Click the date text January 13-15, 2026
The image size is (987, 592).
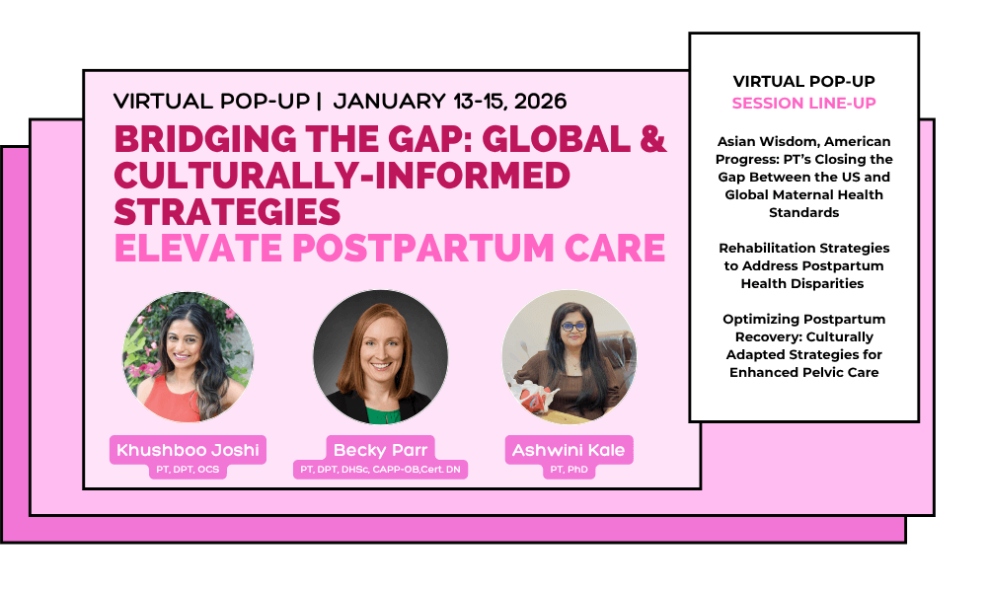coord(450,102)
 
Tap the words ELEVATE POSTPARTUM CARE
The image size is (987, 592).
coord(390,248)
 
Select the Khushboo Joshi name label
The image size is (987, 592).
coord(188,450)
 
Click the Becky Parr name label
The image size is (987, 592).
coord(380,450)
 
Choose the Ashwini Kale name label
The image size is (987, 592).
coord(569,450)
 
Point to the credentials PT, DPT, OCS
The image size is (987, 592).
coord(188,470)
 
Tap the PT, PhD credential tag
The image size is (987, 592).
coord(569,470)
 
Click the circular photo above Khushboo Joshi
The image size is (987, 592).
coord(189,357)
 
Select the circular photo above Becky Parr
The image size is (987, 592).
coord(381,357)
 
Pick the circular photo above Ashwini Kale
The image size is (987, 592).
coord(569,357)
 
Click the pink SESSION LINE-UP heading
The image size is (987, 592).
coord(803,104)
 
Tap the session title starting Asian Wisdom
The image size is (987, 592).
coord(803,177)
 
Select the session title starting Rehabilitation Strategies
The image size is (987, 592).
coord(803,265)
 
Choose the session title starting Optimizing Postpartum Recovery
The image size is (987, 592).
coord(803,345)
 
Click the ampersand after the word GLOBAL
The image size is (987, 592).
coord(652,139)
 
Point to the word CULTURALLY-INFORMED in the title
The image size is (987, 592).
coord(342,176)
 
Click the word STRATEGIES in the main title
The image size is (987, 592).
coord(227,211)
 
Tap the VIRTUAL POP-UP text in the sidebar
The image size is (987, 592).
coord(803,81)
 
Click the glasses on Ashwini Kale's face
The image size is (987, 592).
coord(572,327)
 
